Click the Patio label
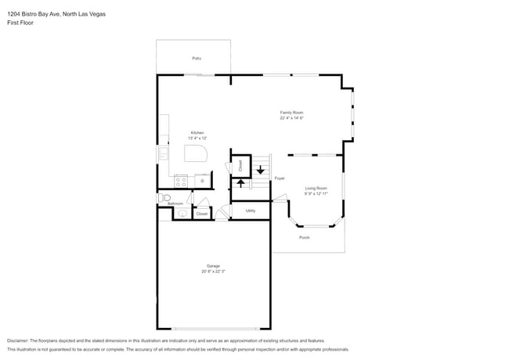pyautogui.click(x=197, y=58)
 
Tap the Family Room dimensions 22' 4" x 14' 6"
pyautogui.click(x=291, y=119)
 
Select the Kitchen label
pyautogui.click(x=197, y=132)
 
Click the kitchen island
pyautogui.click(x=196, y=153)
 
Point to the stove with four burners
pyautogui.click(x=181, y=181)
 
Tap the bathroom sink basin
pyautogui.click(x=182, y=213)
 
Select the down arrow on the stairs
pyautogui.click(x=261, y=170)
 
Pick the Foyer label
pyautogui.click(x=279, y=179)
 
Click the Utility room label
pyautogui.click(x=251, y=211)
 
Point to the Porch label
pyautogui.click(x=304, y=237)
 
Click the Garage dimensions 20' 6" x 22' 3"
pyautogui.click(x=213, y=272)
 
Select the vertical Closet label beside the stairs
pyautogui.click(x=240, y=166)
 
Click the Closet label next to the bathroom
pyautogui.click(x=202, y=214)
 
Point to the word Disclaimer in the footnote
pyautogui.click(x=21, y=341)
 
